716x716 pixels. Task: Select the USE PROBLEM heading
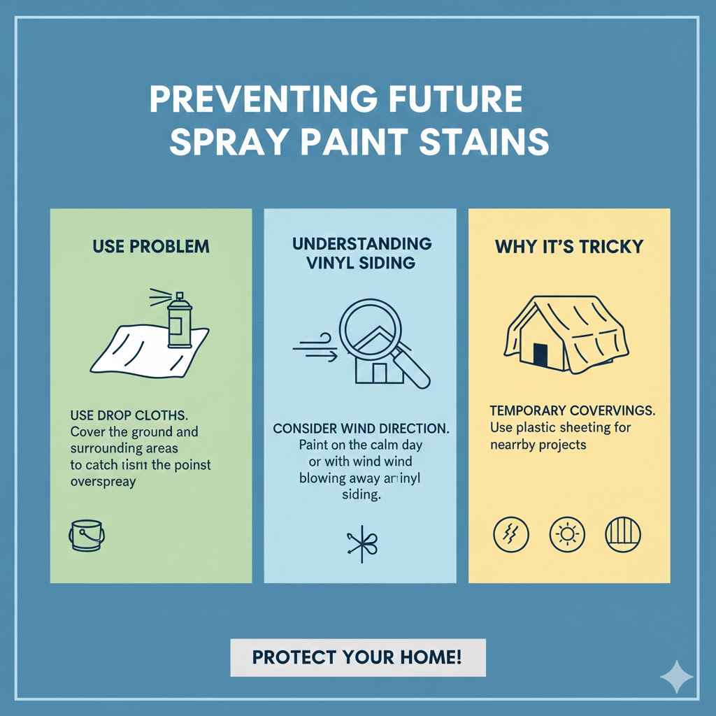coord(150,246)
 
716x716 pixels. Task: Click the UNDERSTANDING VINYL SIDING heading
coord(361,253)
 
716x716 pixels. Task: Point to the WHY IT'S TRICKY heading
coord(569,246)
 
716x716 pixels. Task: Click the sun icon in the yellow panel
coord(565,534)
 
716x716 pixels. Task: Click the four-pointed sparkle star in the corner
coord(676,677)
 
